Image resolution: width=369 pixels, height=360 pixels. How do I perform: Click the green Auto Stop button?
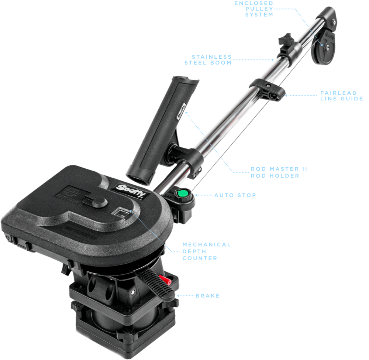182,193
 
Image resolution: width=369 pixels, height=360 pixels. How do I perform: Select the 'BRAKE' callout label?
207,296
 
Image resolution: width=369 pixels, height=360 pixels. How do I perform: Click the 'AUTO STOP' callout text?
235,195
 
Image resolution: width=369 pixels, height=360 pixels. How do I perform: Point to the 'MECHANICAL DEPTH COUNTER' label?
206,251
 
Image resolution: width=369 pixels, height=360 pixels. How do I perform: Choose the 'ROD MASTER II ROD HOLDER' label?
279,172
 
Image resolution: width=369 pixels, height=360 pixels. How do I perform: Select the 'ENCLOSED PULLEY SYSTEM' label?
254,9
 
